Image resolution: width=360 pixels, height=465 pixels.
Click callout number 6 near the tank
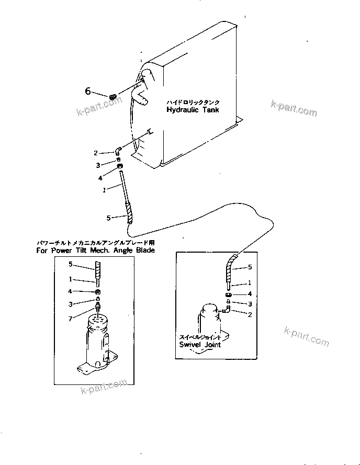pyautogui.click(x=88, y=92)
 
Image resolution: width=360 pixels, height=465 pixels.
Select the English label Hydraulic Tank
pyautogui.click(x=193, y=110)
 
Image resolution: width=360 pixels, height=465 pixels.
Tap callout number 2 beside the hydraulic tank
pyautogui.click(x=96, y=153)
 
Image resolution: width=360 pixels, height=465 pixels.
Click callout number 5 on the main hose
pyautogui.click(x=108, y=218)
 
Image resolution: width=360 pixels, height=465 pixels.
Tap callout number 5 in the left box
pyautogui.click(x=71, y=264)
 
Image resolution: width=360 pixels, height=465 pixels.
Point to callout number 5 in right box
pyautogui.click(x=250, y=267)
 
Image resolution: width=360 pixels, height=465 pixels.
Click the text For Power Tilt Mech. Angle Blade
pyautogui.click(x=95, y=251)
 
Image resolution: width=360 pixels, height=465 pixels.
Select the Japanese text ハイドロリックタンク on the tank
pyautogui.click(x=193, y=103)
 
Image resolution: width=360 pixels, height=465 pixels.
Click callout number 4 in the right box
pyautogui.click(x=250, y=294)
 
